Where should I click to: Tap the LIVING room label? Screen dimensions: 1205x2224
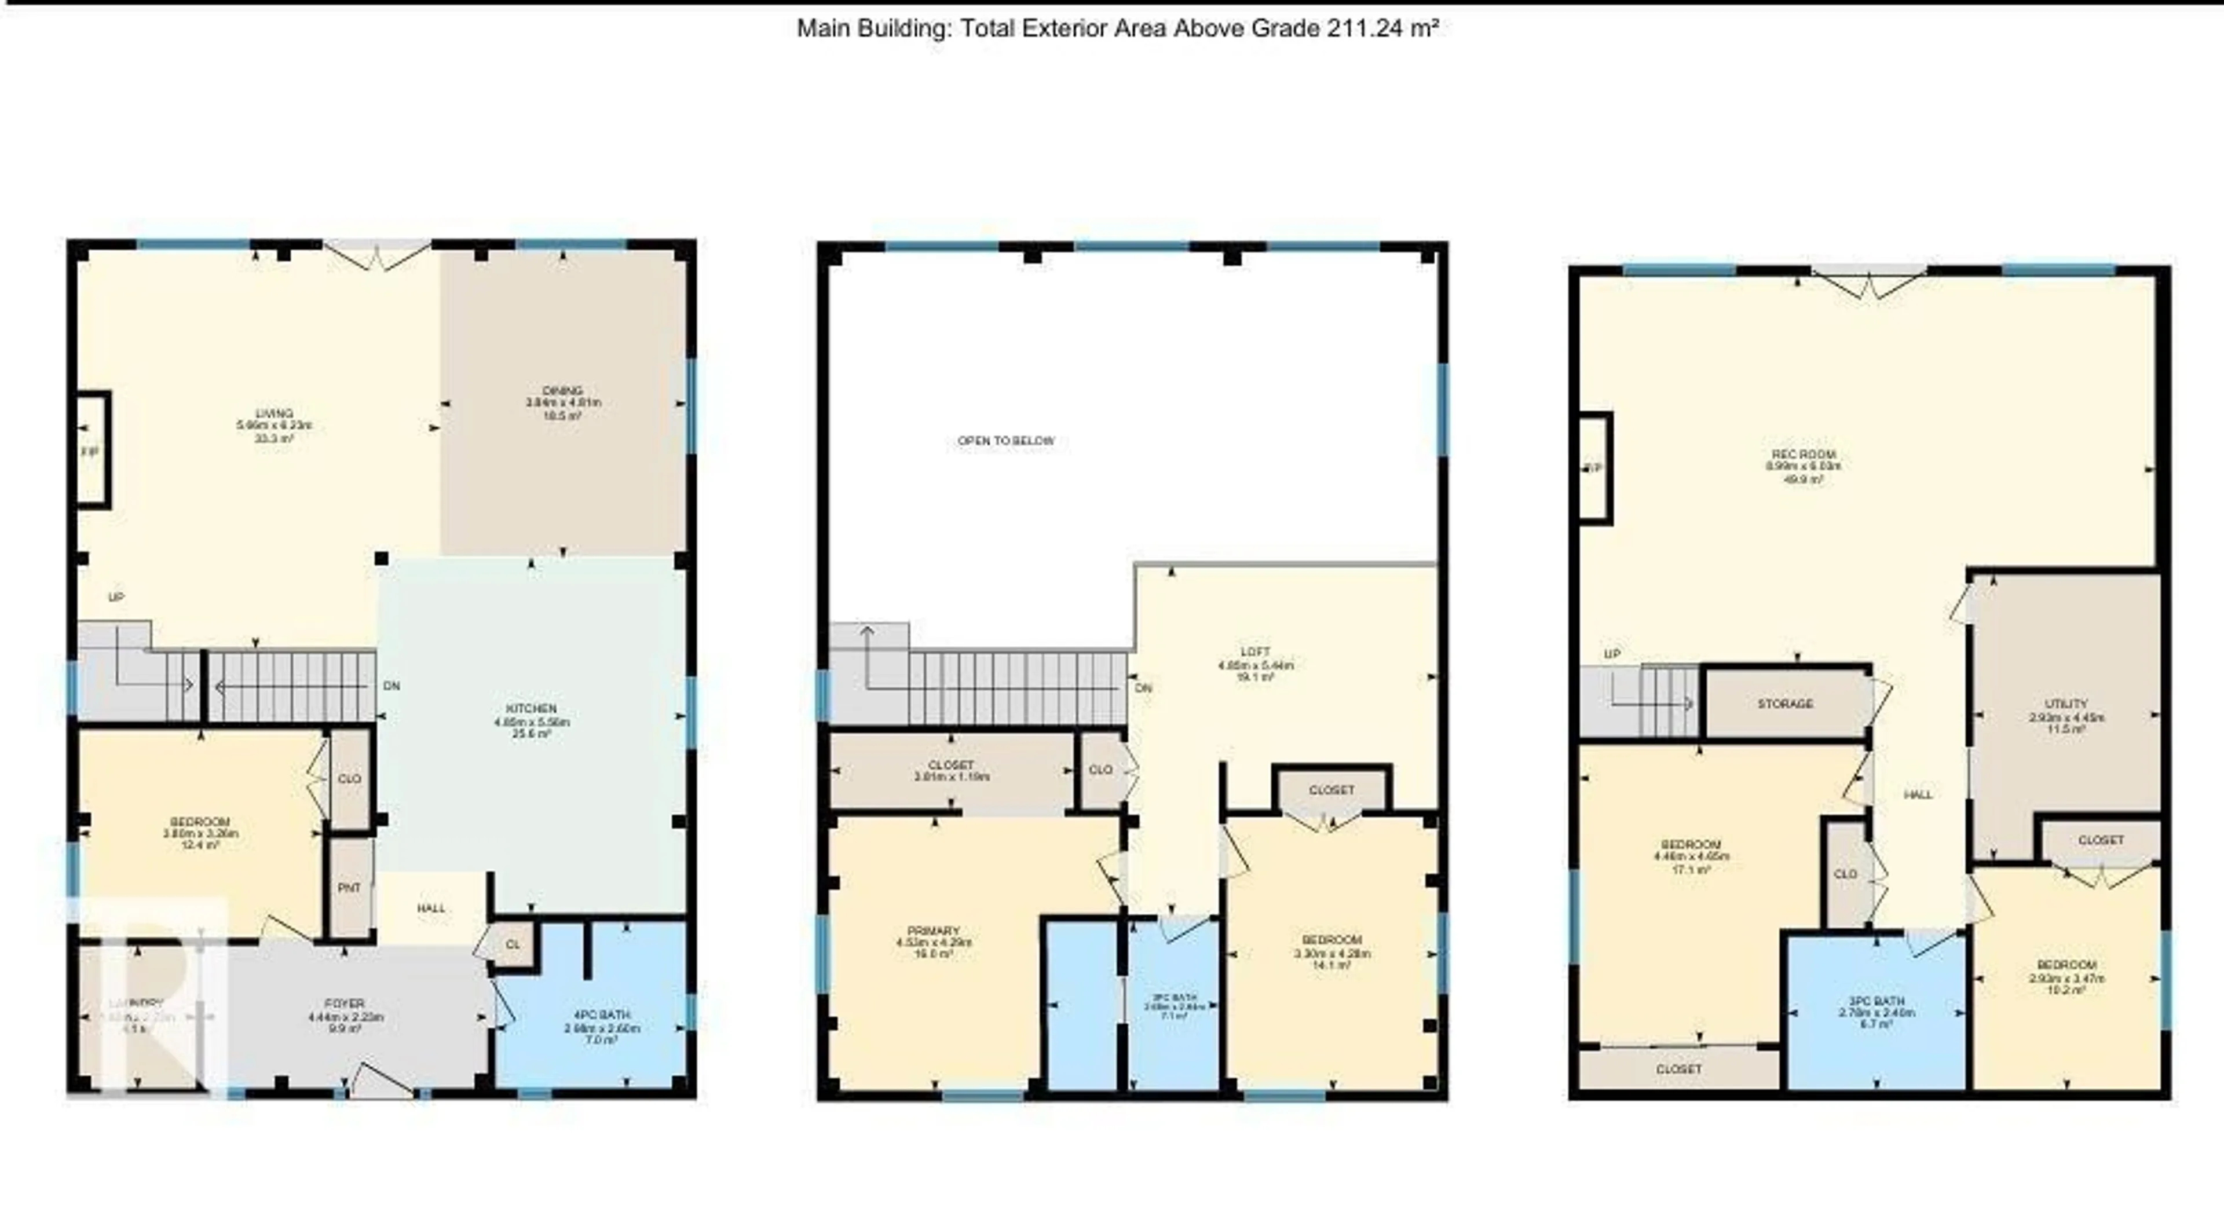click(274, 413)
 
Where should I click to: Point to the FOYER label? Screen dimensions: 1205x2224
click(345, 1004)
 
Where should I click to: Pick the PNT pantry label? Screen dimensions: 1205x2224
click(350, 887)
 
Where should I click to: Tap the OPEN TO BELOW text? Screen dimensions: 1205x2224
click(1006, 441)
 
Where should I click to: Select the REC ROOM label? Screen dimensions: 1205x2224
click(1804, 454)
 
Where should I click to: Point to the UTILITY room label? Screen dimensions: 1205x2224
click(2066, 704)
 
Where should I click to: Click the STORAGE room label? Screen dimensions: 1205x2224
click(1786, 704)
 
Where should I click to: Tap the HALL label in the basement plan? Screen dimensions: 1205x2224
click(1918, 794)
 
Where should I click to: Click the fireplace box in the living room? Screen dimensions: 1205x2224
click(93, 450)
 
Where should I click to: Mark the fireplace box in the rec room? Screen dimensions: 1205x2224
click(1594, 468)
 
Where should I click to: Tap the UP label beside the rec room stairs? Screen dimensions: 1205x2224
click(1612, 654)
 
